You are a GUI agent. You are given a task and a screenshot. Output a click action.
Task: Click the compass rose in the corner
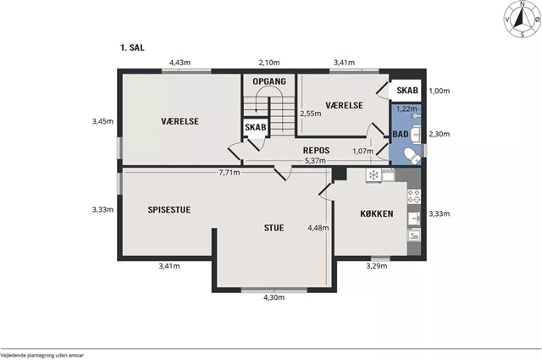pos(523,19)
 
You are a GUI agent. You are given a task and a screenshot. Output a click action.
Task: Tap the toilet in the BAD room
pos(412,156)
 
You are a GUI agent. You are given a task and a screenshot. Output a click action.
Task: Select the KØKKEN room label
pos(377,213)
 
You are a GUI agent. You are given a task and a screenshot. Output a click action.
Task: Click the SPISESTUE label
pos(169,210)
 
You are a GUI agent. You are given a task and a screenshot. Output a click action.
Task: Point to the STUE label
pos(274,228)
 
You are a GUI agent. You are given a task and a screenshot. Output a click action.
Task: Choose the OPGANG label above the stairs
pos(269,81)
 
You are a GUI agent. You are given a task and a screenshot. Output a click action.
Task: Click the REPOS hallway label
pos(316,151)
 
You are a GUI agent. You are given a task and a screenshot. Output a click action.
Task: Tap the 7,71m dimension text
pos(230,173)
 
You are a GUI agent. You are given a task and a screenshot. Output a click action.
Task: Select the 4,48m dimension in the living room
pos(318,228)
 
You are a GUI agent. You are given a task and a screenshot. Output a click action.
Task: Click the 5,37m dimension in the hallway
pos(315,161)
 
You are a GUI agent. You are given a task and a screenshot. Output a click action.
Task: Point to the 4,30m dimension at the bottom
pos(274,297)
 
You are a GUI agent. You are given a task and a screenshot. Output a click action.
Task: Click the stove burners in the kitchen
pos(414,196)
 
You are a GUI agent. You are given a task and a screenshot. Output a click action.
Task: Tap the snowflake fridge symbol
pos(373,175)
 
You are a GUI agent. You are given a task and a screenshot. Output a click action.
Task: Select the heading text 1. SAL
pos(132,47)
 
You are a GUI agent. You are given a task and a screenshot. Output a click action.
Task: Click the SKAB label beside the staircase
pos(256,127)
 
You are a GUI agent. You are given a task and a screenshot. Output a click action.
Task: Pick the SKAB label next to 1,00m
pos(407,91)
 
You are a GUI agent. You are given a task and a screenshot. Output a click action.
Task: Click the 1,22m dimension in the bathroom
pos(406,108)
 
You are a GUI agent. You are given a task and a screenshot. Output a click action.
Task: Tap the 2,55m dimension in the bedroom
pos(311,114)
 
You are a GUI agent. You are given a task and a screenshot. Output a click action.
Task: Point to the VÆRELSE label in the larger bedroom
pos(180,121)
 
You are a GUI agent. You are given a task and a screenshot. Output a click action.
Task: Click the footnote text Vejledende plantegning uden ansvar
pos(41,355)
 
